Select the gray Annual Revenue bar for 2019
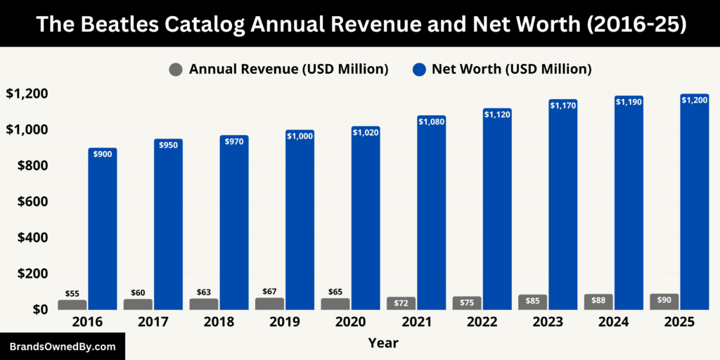coord(269,304)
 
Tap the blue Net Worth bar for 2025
coord(695,204)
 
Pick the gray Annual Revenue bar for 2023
coord(532,302)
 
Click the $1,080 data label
coord(432,122)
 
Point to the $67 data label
coord(269,291)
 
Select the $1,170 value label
coord(563,105)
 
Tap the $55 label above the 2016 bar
coord(72,293)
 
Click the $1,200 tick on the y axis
coord(27,94)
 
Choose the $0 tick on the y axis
coord(38,309)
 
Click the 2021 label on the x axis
coord(416,322)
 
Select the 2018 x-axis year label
coord(218,322)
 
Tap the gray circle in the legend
coord(176,70)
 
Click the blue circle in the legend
coord(419,70)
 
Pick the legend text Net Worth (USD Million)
coord(511,69)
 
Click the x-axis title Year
coord(382,343)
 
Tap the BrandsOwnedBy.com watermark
coord(62,347)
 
